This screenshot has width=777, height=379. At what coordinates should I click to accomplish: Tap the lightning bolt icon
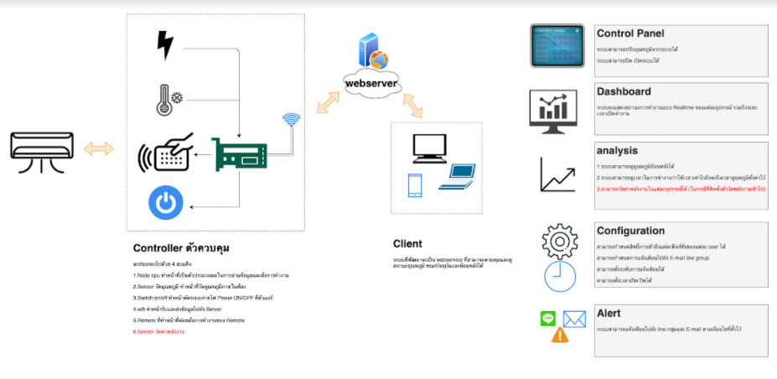click(166, 44)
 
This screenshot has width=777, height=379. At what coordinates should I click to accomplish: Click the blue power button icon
click(165, 204)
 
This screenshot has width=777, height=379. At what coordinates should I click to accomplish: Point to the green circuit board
click(239, 153)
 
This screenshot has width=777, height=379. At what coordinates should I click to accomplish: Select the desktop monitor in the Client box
click(429, 148)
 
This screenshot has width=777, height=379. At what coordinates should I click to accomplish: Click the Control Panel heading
click(630, 34)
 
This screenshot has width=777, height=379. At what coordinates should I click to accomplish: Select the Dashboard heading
click(624, 91)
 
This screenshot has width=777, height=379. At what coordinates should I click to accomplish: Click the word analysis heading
click(619, 151)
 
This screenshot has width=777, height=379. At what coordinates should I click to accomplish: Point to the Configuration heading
click(630, 231)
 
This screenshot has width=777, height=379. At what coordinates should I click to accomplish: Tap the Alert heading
click(609, 313)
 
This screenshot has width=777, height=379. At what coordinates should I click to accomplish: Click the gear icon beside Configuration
click(561, 241)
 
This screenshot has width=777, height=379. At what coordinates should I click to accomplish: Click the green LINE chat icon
click(549, 318)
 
